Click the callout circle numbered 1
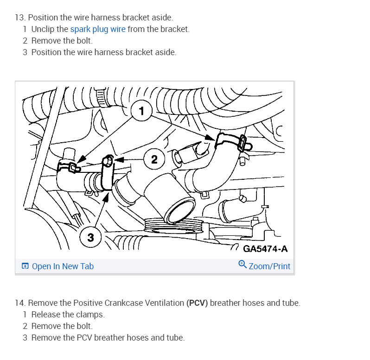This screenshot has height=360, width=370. (x=142, y=111)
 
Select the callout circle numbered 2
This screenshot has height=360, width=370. (x=154, y=159)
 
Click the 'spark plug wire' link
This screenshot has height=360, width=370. (x=97, y=29)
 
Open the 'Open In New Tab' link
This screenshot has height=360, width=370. (x=63, y=266)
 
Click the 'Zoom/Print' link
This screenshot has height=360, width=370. (x=269, y=266)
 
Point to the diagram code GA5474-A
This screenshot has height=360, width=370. (x=265, y=249)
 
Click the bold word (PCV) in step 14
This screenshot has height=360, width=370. (x=197, y=303)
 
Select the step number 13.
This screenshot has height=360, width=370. (x=19, y=18)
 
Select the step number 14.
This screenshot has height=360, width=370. (x=19, y=303)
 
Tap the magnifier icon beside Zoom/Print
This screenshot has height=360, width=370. (x=242, y=265)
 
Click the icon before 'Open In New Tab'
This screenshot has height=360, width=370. (x=25, y=266)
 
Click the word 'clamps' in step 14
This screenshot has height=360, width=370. (x=90, y=315)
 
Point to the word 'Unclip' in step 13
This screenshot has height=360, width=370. (x=44, y=29)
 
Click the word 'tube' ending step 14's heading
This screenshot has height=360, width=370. (x=290, y=303)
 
